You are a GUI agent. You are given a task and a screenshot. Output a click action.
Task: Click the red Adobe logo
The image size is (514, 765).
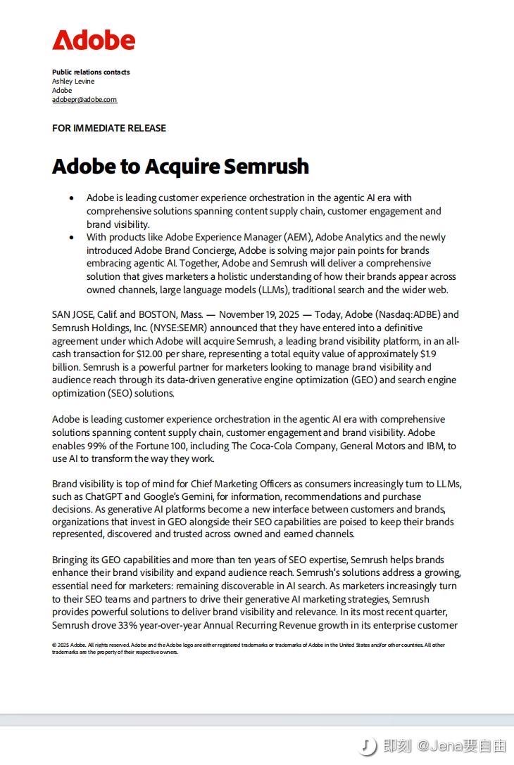[94, 40]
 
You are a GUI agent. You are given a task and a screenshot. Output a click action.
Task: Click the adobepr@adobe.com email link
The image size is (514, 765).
[84, 100]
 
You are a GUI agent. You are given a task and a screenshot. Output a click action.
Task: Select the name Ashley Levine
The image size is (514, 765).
[73, 82]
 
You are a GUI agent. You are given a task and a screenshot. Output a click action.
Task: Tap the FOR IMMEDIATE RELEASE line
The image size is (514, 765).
[109, 128]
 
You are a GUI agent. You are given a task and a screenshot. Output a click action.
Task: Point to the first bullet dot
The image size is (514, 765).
[71, 198]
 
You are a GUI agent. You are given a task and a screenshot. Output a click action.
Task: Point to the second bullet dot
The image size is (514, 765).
[71, 238]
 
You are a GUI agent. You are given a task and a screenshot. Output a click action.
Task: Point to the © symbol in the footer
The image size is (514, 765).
[54, 645]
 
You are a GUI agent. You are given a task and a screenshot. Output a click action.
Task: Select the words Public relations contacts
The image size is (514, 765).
[91, 72]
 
